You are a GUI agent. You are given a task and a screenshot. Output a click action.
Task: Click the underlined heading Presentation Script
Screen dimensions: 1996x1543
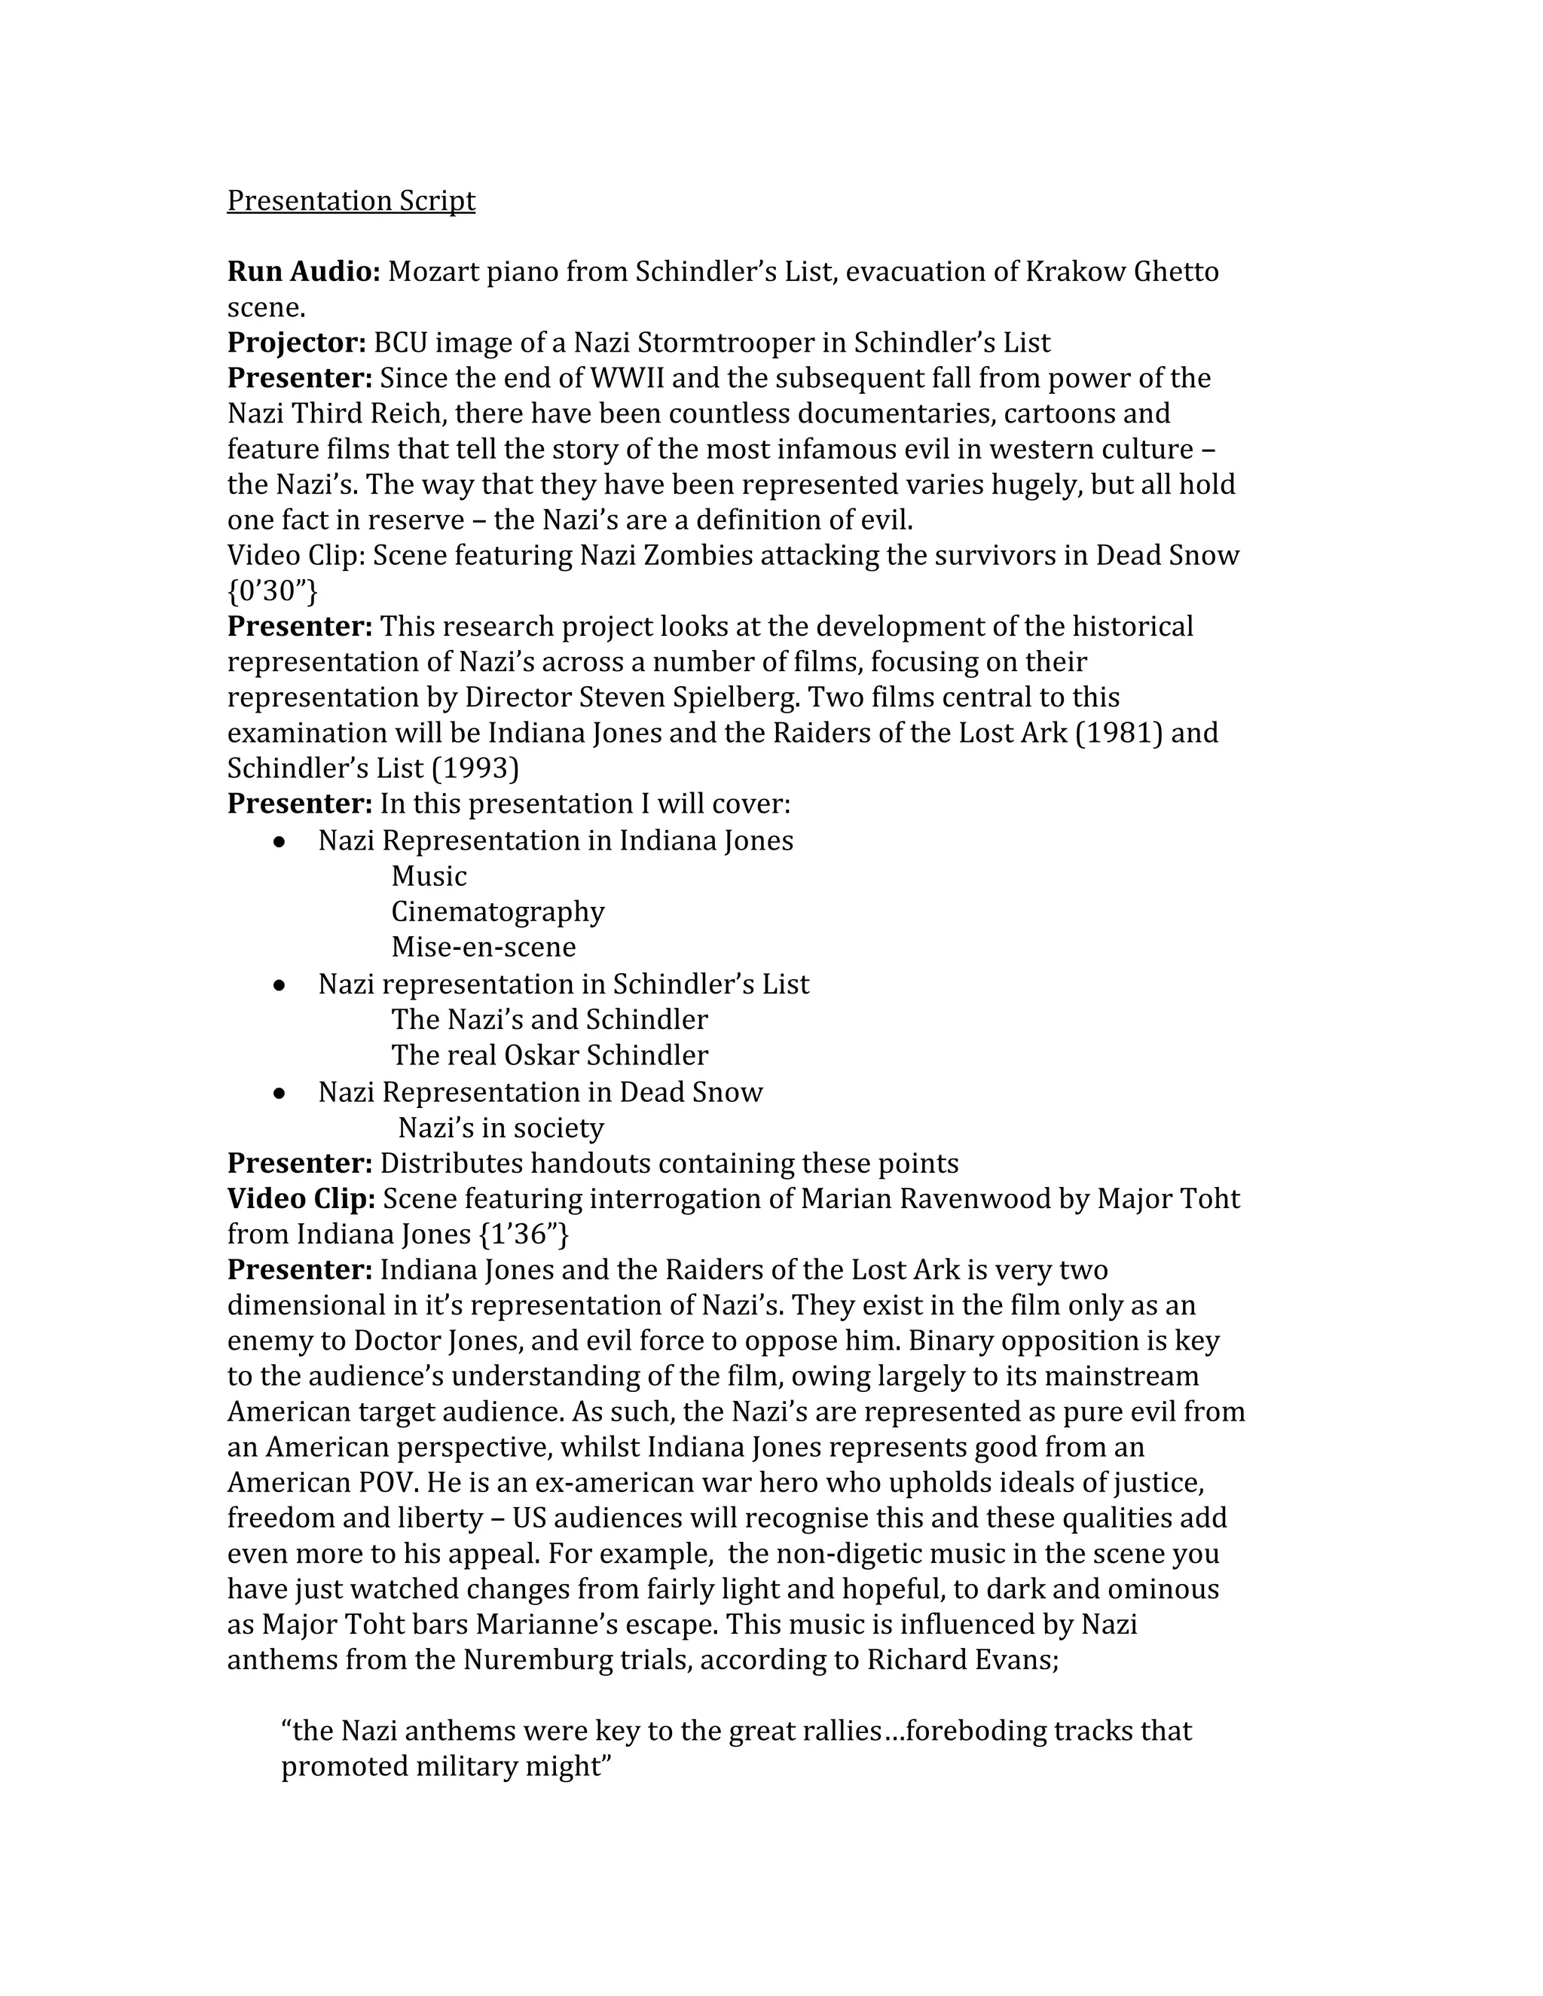point(351,200)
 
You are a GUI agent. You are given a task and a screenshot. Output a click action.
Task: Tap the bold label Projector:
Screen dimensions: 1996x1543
point(296,343)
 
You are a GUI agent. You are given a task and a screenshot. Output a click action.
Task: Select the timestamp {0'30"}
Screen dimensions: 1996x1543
point(273,591)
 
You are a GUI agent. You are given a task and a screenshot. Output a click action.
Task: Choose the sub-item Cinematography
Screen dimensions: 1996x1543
point(497,911)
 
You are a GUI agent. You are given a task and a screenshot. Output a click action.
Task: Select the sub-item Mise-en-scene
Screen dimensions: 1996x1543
point(484,947)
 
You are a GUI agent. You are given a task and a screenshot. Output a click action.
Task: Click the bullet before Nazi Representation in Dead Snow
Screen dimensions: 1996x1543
point(280,1093)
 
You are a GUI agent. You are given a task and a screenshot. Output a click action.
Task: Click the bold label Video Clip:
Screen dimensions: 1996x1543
point(301,1199)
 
